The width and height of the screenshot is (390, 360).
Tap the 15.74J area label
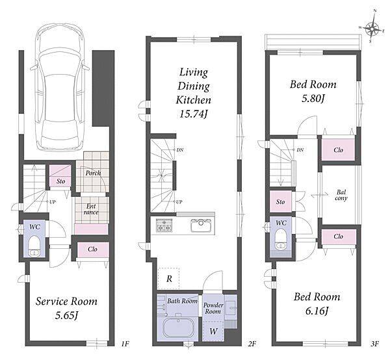point(193,114)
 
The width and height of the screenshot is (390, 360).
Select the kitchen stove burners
point(162,225)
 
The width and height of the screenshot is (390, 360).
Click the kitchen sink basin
point(201,225)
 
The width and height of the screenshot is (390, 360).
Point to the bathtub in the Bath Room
point(178,328)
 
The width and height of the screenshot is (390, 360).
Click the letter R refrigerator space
point(169,279)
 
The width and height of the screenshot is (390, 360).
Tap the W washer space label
point(213,331)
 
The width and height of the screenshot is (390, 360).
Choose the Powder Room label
point(213,308)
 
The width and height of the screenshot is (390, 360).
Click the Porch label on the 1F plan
point(93,173)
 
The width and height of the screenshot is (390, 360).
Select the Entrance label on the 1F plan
point(91,209)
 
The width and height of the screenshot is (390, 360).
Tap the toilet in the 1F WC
point(34,246)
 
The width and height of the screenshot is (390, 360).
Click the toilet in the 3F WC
point(281,238)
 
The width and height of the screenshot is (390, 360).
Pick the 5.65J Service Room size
point(66,316)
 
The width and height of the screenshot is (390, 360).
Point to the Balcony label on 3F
point(341,195)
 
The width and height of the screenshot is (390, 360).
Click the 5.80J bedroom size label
point(313,99)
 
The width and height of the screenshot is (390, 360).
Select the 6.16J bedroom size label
point(317,311)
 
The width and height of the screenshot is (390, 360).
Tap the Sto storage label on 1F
point(60,181)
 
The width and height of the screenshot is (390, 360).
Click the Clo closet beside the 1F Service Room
point(92,249)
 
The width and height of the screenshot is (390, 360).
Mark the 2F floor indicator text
point(252,344)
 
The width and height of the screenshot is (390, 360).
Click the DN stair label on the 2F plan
point(180,150)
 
